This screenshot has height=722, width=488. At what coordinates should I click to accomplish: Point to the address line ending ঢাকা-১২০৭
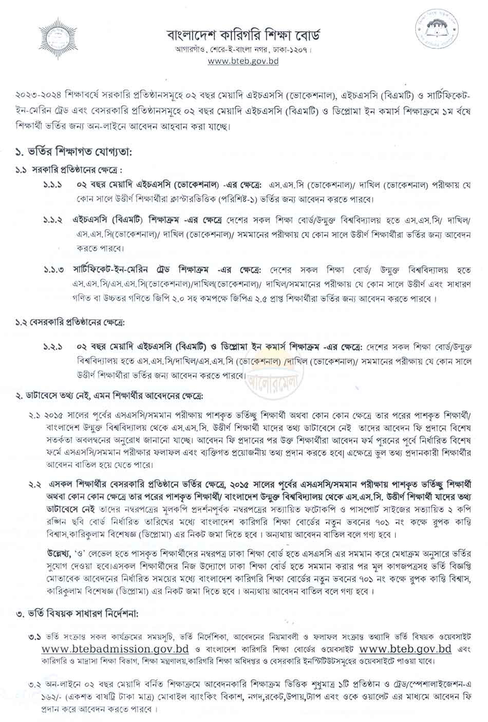point(243,50)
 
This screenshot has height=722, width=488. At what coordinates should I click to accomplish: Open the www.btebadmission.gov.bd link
point(117,648)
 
